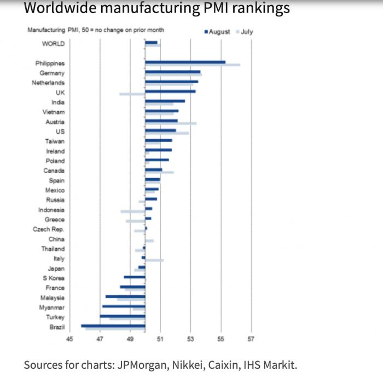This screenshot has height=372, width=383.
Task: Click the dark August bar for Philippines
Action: pos(185,62)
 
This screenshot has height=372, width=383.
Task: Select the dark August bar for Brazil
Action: pos(113,326)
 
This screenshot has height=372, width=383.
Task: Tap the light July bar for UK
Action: pos(132,94)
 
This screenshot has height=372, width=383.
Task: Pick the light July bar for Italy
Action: pos(154,260)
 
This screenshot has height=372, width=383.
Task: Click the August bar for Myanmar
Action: pos(124,306)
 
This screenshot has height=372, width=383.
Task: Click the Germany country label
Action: pos(52,73)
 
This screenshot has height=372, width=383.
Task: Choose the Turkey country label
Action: pos(55,317)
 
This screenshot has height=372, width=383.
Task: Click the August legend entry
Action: pos(218,32)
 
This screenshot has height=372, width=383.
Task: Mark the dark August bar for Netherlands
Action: pos(171,82)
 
